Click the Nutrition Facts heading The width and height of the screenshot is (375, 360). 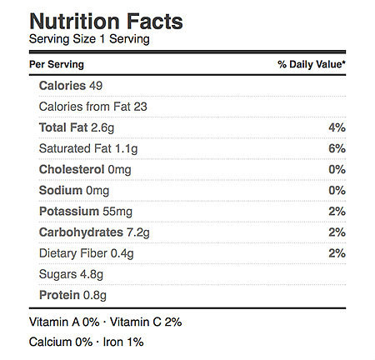pyautogui.click(x=106, y=22)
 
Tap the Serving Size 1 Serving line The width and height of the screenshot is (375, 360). pyautogui.click(x=89, y=39)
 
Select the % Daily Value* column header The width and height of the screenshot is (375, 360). pyautogui.click(x=312, y=64)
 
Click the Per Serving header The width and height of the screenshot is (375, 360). pyautogui.click(x=57, y=64)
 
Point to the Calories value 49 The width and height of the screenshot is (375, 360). pyautogui.click(x=96, y=86)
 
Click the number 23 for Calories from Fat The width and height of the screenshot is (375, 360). pyautogui.click(x=140, y=107)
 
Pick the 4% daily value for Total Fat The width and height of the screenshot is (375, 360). pyautogui.click(x=337, y=127)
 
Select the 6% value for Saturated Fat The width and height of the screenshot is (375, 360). pyautogui.click(x=337, y=148)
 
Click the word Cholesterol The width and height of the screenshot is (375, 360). pyautogui.click(x=72, y=169)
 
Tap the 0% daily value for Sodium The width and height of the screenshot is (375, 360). pyautogui.click(x=337, y=190)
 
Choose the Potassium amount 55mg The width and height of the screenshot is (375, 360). pyautogui.click(x=117, y=212)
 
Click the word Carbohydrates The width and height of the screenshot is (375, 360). pyautogui.click(x=81, y=232)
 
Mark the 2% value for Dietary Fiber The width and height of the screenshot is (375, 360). pyautogui.click(x=337, y=253)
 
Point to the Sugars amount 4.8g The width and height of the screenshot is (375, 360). pyautogui.click(x=92, y=274)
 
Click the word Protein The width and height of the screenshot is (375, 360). pyautogui.click(x=59, y=295)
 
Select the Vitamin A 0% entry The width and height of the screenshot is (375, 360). pyautogui.click(x=64, y=322)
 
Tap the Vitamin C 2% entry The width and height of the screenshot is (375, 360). pyautogui.click(x=146, y=322)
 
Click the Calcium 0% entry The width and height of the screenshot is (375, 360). pyautogui.click(x=61, y=342)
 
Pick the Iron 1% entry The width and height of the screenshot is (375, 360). pyautogui.click(x=123, y=342)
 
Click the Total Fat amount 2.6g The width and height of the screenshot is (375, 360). pyautogui.click(x=102, y=128)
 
